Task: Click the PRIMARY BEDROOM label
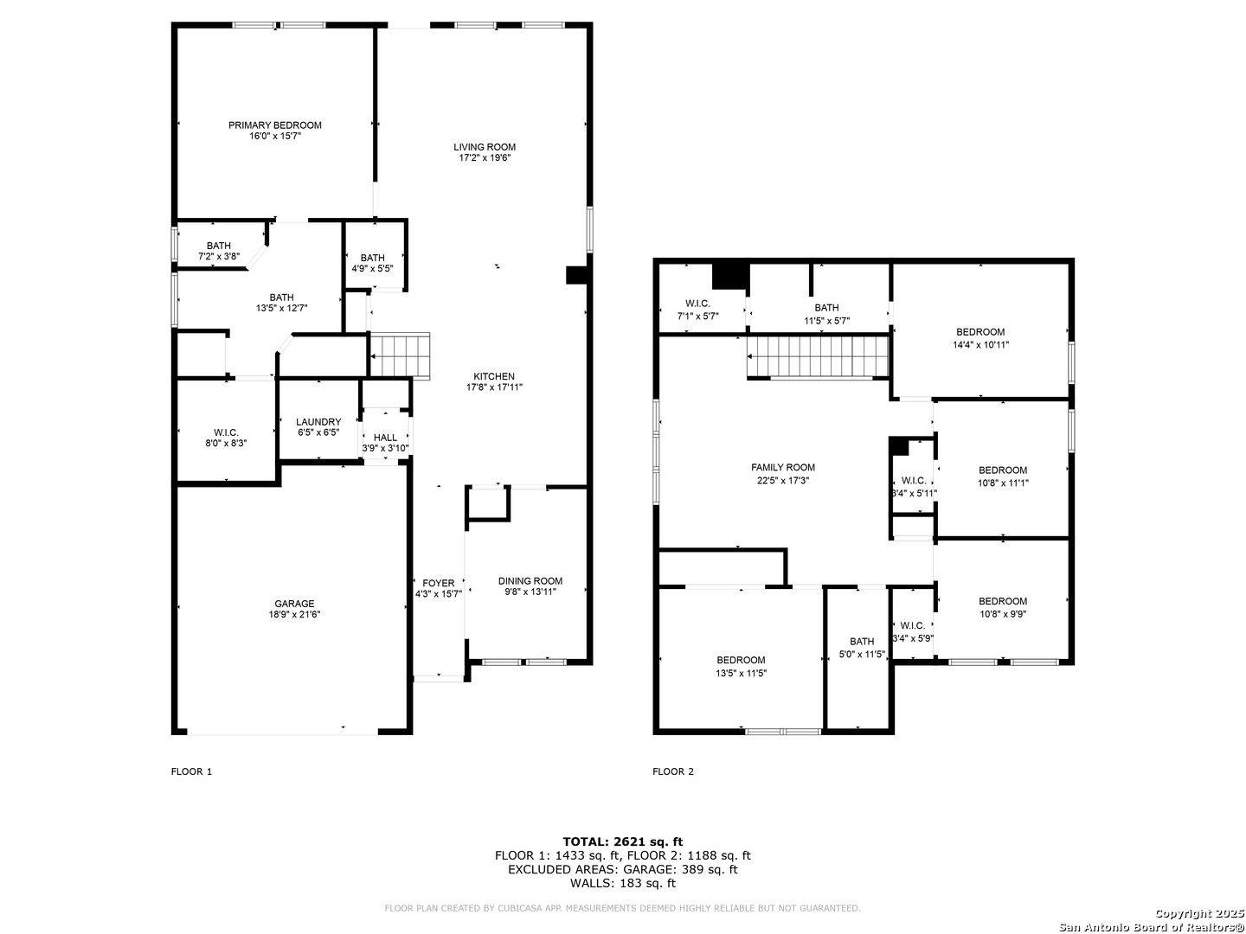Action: point(275,125)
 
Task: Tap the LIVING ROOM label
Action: point(485,147)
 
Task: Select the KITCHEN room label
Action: point(494,376)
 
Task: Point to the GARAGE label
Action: point(294,604)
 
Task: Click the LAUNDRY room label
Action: point(318,422)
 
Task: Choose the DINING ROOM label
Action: point(530,580)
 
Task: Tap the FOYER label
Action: point(438,583)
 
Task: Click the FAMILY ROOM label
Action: point(783,467)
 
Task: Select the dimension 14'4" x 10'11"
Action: point(980,344)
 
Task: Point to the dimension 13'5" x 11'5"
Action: point(741,673)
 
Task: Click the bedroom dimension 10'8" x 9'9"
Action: point(1003,614)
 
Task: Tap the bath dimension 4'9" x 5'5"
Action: point(372,269)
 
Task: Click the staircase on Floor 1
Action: point(400,355)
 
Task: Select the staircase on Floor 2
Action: point(818,356)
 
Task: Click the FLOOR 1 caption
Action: point(191,771)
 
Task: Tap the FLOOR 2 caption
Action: point(672,771)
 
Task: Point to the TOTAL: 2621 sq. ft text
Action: point(623,841)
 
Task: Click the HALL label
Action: point(385,438)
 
